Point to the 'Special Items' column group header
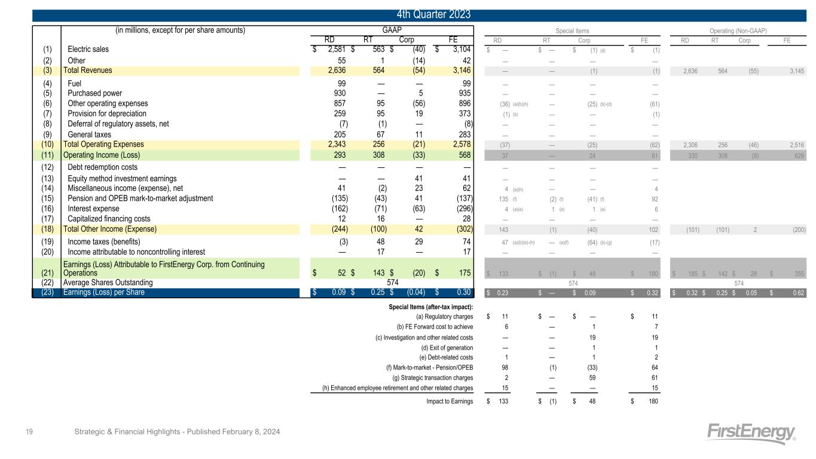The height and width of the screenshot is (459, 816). pyautogui.click(x=572, y=30)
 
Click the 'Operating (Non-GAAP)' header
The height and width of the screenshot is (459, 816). pyautogui.click(x=739, y=30)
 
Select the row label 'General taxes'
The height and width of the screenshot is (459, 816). pyautogui.click(x=90, y=135)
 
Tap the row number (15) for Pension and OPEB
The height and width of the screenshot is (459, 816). pyautogui.click(x=49, y=198)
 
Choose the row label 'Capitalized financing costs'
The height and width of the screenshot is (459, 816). pyautogui.click(x=109, y=219)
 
